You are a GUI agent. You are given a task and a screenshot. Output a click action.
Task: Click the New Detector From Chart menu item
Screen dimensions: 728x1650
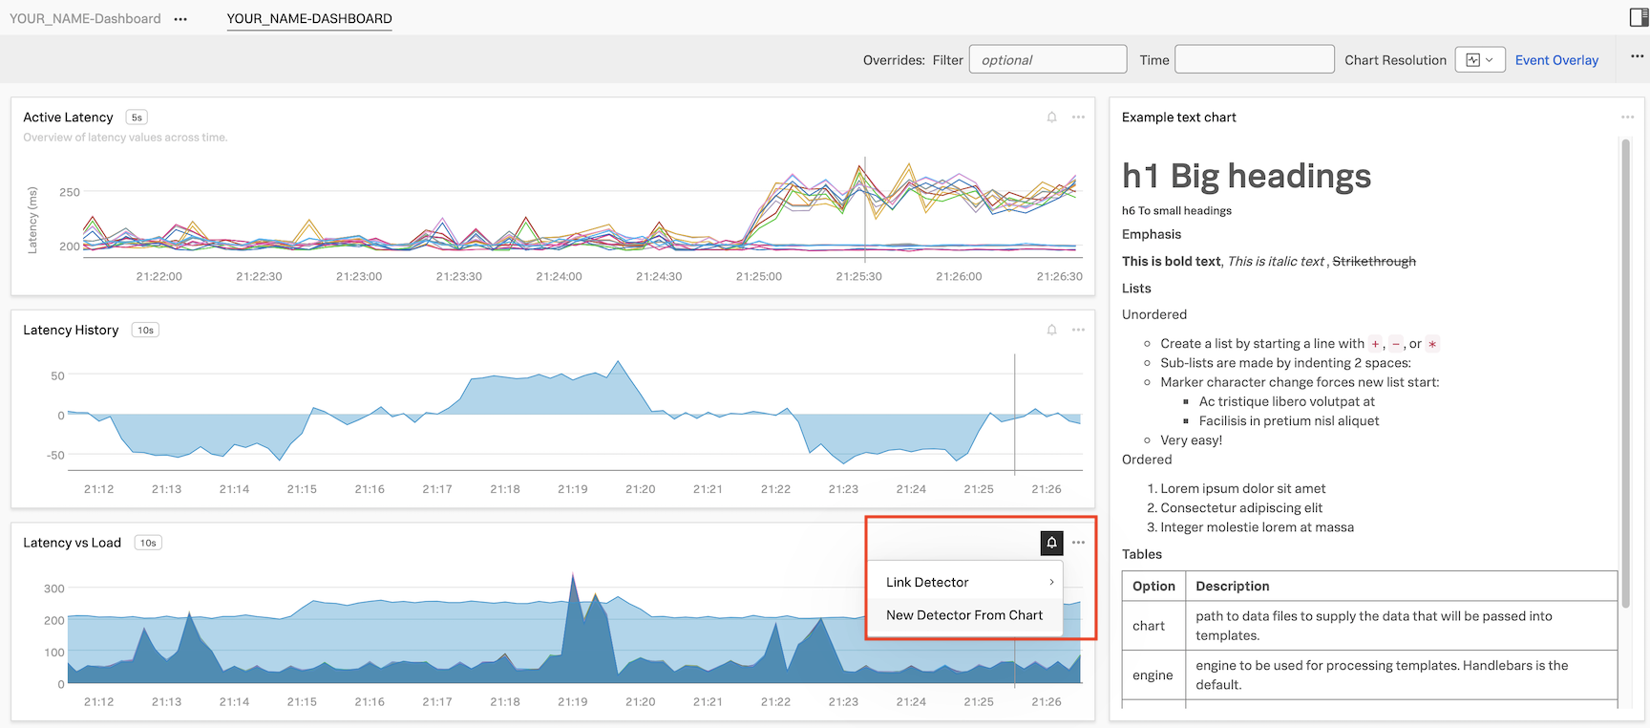(x=963, y=615)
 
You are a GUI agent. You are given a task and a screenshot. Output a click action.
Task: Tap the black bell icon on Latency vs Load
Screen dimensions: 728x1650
(x=1051, y=543)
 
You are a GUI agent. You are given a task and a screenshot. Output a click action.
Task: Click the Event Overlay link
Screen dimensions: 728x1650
(x=1556, y=60)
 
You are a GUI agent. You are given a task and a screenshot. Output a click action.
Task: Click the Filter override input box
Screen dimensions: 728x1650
(x=1047, y=59)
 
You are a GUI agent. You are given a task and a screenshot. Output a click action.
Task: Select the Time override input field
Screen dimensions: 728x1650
(x=1254, y=59)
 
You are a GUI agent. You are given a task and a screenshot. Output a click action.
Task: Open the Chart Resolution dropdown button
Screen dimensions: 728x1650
(x=1479, y=60)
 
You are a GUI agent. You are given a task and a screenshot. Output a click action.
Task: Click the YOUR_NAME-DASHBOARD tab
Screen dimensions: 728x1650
(x=309, y=19)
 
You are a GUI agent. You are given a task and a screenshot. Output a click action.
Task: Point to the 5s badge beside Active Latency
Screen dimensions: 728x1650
(x=137, y=118)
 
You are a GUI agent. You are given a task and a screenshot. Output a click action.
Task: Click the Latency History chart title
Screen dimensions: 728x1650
(x=71, y=331)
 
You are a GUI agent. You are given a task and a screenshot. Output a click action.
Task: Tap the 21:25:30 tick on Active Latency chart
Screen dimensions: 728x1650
(x=858, y=276)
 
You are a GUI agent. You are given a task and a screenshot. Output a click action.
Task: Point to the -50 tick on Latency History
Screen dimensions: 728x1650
(x=55, y=456)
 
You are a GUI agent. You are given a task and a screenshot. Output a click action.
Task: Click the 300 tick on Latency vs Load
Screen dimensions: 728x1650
(x=54, y=589)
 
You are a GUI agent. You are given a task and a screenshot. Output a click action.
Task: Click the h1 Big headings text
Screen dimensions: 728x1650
(x=1246, y=177)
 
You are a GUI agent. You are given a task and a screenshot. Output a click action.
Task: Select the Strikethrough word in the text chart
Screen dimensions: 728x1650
(x=1373, y=262)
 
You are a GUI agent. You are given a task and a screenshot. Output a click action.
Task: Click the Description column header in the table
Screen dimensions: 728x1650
(x=1232, y=587)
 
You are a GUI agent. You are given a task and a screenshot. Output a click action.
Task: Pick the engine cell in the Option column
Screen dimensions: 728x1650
(x=1153, y=675)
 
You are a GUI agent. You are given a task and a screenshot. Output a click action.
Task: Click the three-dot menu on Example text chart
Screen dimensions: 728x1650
(x=1627, y=118)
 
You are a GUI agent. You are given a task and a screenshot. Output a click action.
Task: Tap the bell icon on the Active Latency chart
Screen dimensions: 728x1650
(x=1051, y=118)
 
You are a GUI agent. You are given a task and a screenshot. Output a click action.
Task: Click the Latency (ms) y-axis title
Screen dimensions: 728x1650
(x=32, y=221)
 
